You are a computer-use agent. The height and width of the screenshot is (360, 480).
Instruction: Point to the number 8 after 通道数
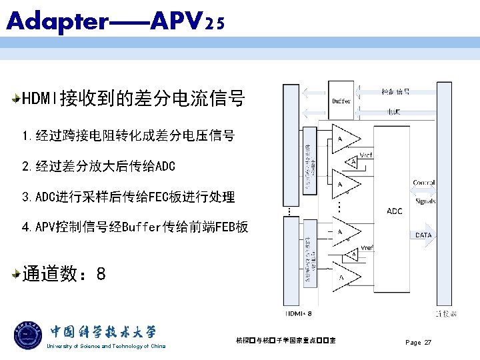101,273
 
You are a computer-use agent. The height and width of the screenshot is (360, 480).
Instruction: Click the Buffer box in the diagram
341,101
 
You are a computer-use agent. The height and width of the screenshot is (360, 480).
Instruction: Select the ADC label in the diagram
395,211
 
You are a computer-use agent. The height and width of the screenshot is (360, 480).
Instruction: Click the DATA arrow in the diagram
424,235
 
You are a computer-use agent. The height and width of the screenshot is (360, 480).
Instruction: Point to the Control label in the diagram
424,183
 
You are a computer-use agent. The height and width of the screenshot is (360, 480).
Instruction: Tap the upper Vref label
366,155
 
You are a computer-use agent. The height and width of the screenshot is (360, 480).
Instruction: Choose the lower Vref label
367,247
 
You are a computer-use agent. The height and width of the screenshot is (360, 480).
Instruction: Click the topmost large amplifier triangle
345,138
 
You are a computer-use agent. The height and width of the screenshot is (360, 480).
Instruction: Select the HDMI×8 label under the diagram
299,313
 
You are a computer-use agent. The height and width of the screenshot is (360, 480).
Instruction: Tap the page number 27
427,343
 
